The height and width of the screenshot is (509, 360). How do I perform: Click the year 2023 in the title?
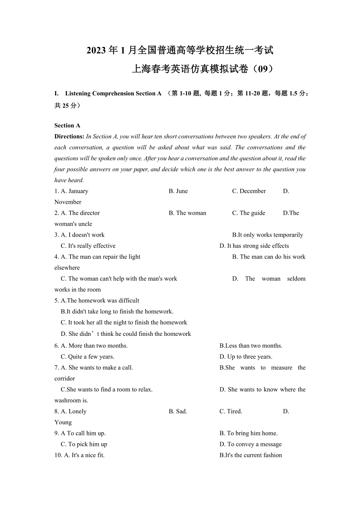point(96,50)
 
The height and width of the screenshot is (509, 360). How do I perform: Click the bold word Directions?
point(69,136)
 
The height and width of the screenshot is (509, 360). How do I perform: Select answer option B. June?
point(178,191)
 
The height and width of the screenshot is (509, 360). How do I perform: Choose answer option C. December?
point(249,191)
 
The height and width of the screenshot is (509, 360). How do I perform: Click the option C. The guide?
point(248,213)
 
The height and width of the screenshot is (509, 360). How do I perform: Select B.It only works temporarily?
point(268,235)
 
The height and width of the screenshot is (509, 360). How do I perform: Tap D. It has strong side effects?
point(254,246)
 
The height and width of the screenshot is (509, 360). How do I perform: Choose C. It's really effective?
point(88,246)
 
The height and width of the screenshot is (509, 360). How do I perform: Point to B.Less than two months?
point(251,346)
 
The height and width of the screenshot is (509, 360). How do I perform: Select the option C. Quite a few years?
point(88,357)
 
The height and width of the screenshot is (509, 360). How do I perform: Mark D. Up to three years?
point(246,357)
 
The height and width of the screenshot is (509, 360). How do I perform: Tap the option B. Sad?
point(178,411)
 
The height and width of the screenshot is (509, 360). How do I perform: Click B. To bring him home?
point(248,433)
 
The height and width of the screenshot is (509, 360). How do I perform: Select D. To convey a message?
point(250,444)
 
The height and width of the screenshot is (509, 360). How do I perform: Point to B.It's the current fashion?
point(251,455)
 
